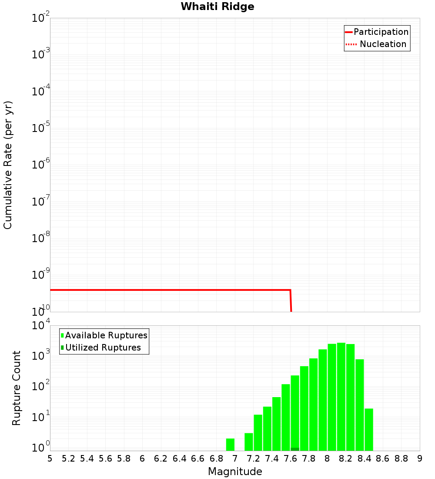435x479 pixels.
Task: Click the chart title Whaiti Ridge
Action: [217, 7]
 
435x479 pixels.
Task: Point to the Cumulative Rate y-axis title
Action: [8, 165]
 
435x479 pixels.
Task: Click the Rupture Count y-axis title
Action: [17, 388]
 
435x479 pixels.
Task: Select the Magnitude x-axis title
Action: [235, 472]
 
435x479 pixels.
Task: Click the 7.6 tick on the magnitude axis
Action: [290, 459]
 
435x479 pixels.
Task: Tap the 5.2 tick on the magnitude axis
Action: [68, 459]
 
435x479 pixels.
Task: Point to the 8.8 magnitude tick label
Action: [401, 459]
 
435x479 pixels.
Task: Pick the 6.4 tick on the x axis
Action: [179, 459]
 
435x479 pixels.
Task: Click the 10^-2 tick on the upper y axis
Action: [40, 18]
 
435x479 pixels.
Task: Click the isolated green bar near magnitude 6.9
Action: [230, 445]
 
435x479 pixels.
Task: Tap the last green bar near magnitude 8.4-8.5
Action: [369, 429]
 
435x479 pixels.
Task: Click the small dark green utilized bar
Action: [295, 449]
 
